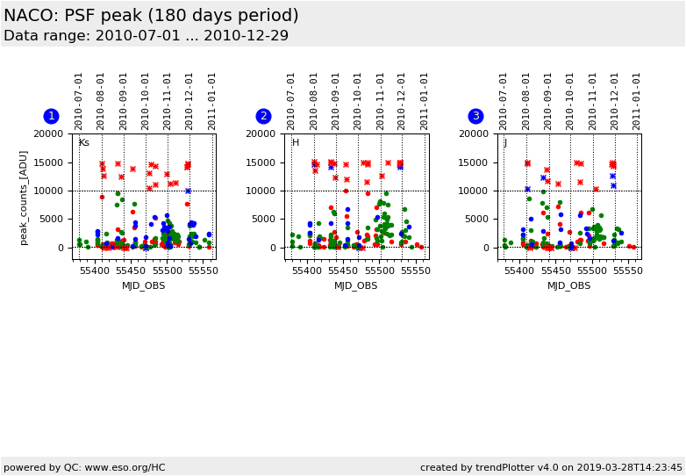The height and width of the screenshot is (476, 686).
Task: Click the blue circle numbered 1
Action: tap(51, 116)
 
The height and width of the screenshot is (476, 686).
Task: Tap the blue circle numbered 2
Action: tap(263, 116)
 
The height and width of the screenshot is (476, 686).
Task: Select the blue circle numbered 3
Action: tap(475, 116)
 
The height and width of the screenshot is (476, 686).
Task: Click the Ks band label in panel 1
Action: tap(84, 143)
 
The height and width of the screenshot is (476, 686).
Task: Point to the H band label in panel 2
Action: tap(296, 143)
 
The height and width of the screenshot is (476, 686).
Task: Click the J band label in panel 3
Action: tap(505, 143)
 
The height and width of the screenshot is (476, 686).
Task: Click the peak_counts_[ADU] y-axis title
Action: tap(25, 197)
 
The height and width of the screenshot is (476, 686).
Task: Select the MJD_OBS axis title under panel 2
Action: tap(356, 285)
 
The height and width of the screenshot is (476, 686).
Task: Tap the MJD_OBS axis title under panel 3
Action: tap(568, 285)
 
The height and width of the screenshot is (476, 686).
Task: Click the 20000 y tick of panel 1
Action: tap(48, 133)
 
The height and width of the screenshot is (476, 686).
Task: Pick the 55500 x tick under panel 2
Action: tap(379, 271)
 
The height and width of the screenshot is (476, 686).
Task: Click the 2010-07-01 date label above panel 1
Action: tap(79, 100)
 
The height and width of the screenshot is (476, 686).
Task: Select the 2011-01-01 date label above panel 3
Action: tap(637, 100)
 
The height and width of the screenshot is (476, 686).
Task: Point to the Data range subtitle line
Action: tap(146, 36)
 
